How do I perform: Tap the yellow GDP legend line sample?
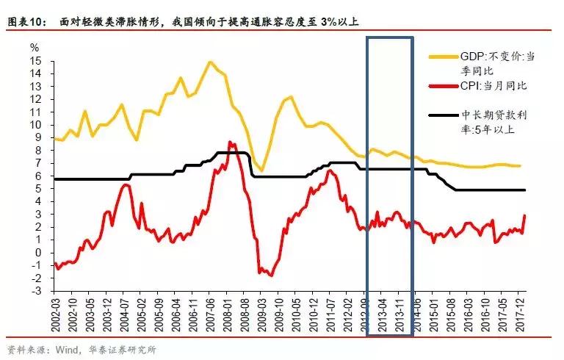(444, 56)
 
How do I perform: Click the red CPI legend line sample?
(444, 86)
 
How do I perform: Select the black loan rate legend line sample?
(444, 115)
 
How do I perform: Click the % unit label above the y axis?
(35, 46)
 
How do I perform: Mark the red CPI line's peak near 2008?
(230, 142)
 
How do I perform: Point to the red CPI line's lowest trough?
(271, 276)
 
